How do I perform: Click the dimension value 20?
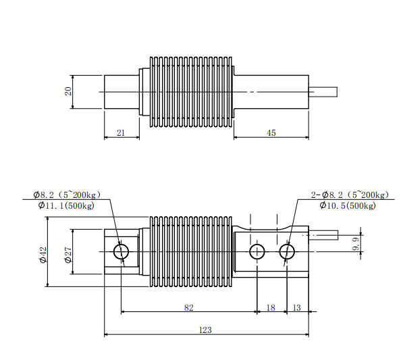tap(68, 91)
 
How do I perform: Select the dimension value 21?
tap(121, 133)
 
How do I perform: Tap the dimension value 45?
tap(271, 133)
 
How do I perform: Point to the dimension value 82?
tap(188, 307)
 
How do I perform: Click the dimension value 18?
tap(271, 307)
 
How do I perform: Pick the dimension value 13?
tap(297, 307)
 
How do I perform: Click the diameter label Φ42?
tap(43, 255)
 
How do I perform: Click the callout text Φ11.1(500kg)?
tap(66, 206)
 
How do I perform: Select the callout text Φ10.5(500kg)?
tap(346, 205)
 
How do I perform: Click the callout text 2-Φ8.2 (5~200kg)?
tap(350, 195)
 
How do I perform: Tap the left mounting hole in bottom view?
tap(122, 252)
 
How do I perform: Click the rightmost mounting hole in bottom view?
tap(287, 252)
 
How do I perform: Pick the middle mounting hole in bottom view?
tap(257, 252)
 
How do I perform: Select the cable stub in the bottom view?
tap(323, 236)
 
